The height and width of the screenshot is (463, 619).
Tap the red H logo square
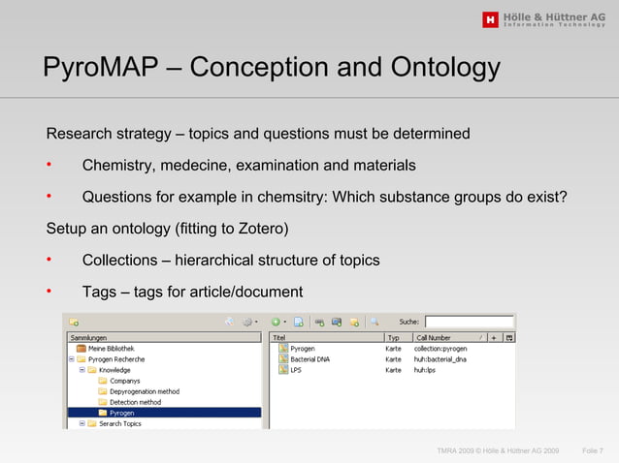click(490, 19)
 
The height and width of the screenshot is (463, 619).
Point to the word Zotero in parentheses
click(260, 229)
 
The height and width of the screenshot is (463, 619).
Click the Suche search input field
click(470, 322)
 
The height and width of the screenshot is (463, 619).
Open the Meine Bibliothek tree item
click(111, 348)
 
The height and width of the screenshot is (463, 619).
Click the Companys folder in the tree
click(125, 381)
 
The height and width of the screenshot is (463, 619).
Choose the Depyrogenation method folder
click(144, 391)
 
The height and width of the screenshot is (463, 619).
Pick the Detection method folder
click(135, 402)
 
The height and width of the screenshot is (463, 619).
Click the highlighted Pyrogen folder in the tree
click(121, 413)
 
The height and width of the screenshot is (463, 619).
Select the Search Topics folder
click(119, 423)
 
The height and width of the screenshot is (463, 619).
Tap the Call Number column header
click(434, 337)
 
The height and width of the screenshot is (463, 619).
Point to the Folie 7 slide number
click(592, 451)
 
